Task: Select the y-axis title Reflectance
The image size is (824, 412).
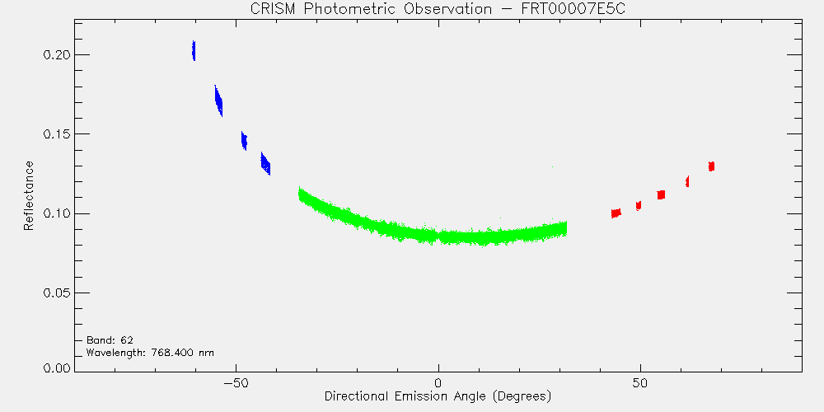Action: pyautogui.click(x=28, y=195)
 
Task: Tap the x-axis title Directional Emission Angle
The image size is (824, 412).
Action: pyautogui.click(x=438, y=396)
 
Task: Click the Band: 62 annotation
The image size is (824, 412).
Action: pyautogui.click(x=105, y=340)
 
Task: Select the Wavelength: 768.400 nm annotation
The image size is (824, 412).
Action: pyautogui.click(x=150, y=353)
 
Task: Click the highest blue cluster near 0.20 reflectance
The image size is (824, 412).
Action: pyautogui.click(x=194, y=51)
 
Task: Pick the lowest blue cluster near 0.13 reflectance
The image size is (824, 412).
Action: pyautogui.click(x=265, y=164)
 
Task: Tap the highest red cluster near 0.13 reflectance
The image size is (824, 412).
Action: pyautogui.click(x=712, y=166)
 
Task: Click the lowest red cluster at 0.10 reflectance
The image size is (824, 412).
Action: pyautogui.click(x=616, y=213)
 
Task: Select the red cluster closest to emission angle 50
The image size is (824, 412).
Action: pyautogui.click(x=639, y=205)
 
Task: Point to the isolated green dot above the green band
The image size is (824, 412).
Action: pyautogui.click(x=552, y=166)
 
